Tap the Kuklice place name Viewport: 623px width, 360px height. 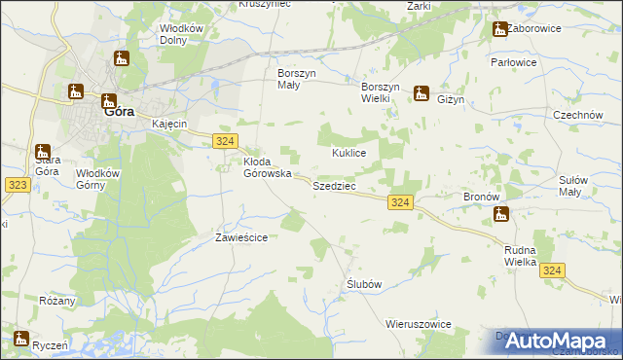[348, 153]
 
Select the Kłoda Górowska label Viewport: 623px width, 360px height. [268, 167]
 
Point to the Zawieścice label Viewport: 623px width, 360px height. [240, 236]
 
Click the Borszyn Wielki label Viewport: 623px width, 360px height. [382, 80]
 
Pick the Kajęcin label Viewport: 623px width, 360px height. [169, 125]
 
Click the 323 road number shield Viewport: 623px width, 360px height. [16, 184]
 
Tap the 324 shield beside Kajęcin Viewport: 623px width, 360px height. [224, 142]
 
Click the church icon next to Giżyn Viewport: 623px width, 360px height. [421, 93]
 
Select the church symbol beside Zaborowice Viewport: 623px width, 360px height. [500, 29]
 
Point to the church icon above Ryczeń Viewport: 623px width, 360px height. [21, 339]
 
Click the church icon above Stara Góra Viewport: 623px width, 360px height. [42, 152]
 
